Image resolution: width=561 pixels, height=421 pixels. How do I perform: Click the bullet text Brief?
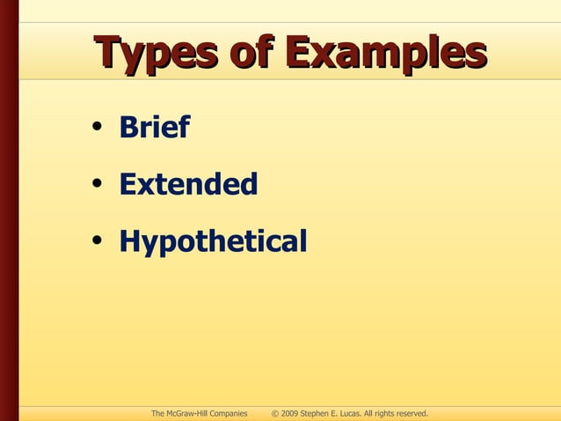(154, 129)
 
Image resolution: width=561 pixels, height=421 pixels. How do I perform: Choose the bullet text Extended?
(188, 185)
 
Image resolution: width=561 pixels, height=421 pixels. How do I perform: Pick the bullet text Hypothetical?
(213, 241)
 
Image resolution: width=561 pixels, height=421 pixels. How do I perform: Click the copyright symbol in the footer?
(275, 413)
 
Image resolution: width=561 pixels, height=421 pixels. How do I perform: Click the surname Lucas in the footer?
(356, 413)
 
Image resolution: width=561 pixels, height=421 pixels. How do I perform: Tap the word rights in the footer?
(393, 413)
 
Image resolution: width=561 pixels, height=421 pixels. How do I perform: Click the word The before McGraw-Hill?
(158, 413)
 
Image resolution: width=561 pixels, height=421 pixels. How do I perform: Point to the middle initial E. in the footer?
(340, 413)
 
